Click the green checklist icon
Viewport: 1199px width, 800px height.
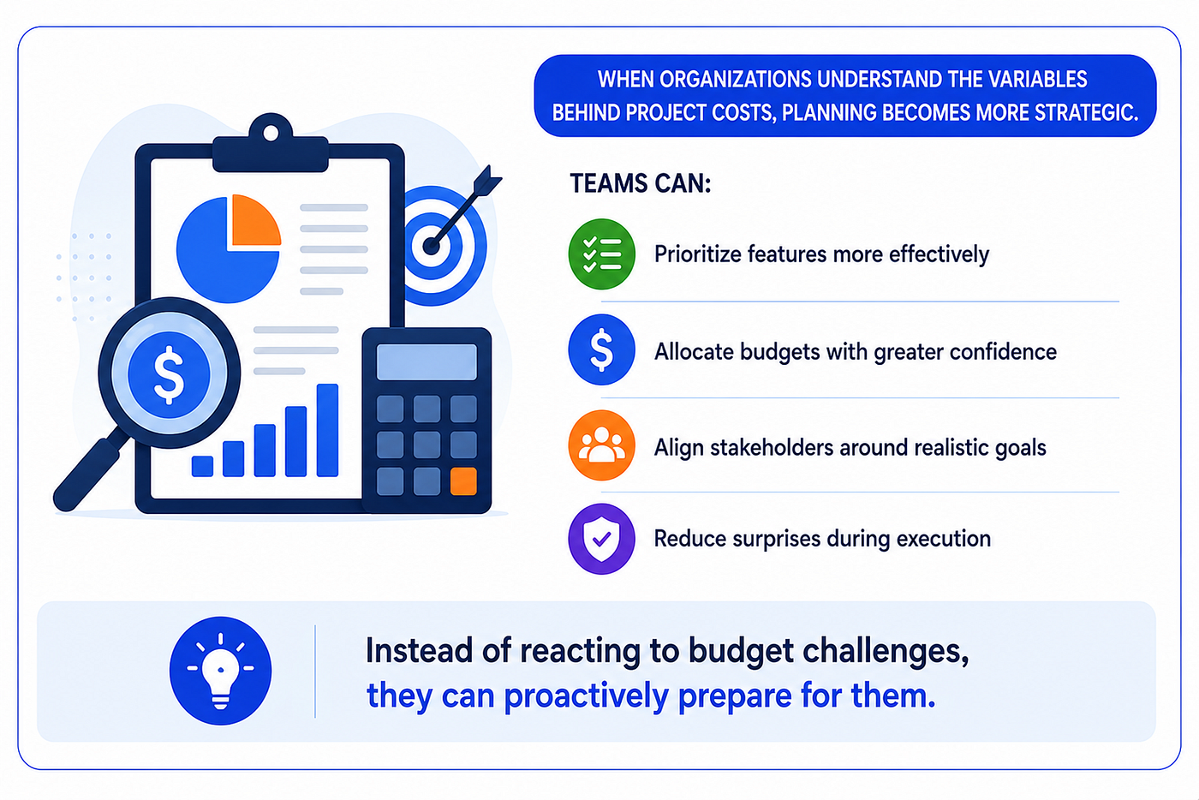[601, 254]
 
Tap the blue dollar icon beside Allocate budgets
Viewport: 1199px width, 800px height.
[601, 349]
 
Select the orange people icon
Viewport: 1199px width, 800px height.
[601, 445]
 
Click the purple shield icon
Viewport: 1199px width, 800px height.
[601, 539]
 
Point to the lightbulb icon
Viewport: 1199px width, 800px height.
[221, 671]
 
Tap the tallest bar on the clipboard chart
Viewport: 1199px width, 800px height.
[327, 430]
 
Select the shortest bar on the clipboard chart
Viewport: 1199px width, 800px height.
[202, 466]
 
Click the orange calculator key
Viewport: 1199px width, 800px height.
[463, 481]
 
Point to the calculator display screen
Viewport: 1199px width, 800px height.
[427, 362]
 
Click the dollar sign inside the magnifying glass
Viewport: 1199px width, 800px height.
[170, 374]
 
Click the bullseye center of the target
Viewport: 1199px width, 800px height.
[432, 247]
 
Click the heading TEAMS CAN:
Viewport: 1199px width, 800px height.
[641, 183]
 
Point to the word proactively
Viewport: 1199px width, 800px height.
[586, 696]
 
